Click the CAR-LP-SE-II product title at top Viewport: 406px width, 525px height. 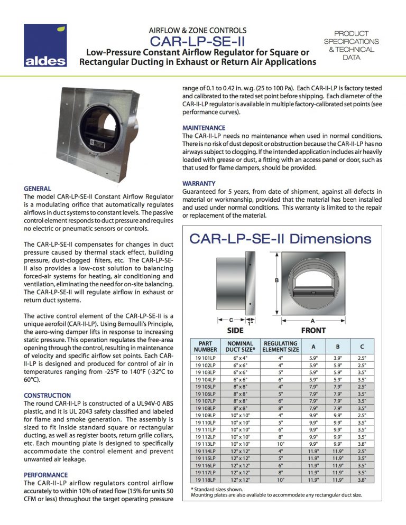[197, 41]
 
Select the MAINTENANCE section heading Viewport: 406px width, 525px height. [204, 128]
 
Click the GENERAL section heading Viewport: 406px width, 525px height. [38, 189]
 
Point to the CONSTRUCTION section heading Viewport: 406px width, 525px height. [48, 395]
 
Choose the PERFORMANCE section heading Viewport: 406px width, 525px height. [46, 475]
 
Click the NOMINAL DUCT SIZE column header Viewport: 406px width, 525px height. [239, 346]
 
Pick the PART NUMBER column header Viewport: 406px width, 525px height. [205, 346]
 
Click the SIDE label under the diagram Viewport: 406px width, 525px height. [235, 331]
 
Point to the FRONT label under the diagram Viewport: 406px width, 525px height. [313, 331]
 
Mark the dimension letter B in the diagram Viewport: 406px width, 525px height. [276, 280]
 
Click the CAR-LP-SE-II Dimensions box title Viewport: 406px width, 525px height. [280, 239]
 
